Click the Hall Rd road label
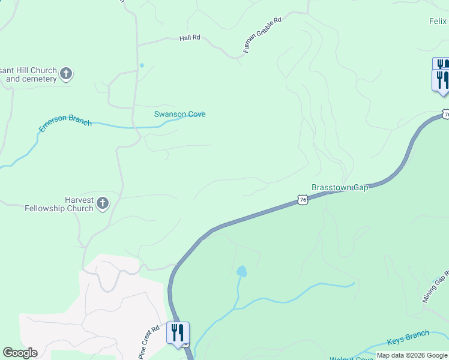click(190, 38)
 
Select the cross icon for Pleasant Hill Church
click(66, 74)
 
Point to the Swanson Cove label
click(180, 114)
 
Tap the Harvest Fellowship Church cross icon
click(103, 203)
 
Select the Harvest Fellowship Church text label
click(59, 205)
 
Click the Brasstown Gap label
click(340, 188)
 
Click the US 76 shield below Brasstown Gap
click(303, 200)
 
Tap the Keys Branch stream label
click(408, 337)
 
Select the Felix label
click(438, 22)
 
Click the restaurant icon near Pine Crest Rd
click(178, 332)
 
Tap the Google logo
click(20, 353)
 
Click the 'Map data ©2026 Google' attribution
click(412, 355)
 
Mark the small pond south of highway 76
click(241, 271)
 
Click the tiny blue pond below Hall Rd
click(142, 65)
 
